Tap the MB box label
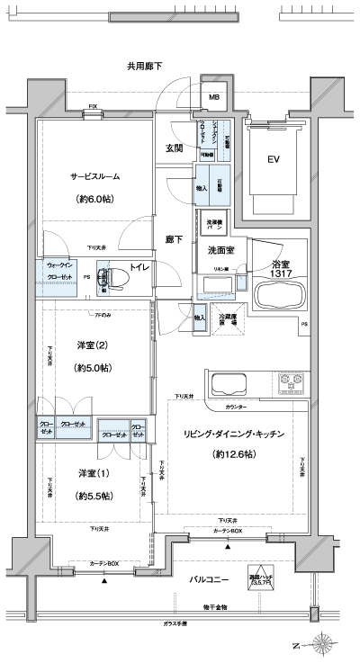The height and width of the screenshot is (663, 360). (x=214, y=97)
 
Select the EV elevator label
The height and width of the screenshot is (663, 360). (x=273, y=161)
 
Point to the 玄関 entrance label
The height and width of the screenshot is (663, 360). (x=175, y=148)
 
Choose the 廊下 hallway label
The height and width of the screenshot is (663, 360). (x=175, y=239)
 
